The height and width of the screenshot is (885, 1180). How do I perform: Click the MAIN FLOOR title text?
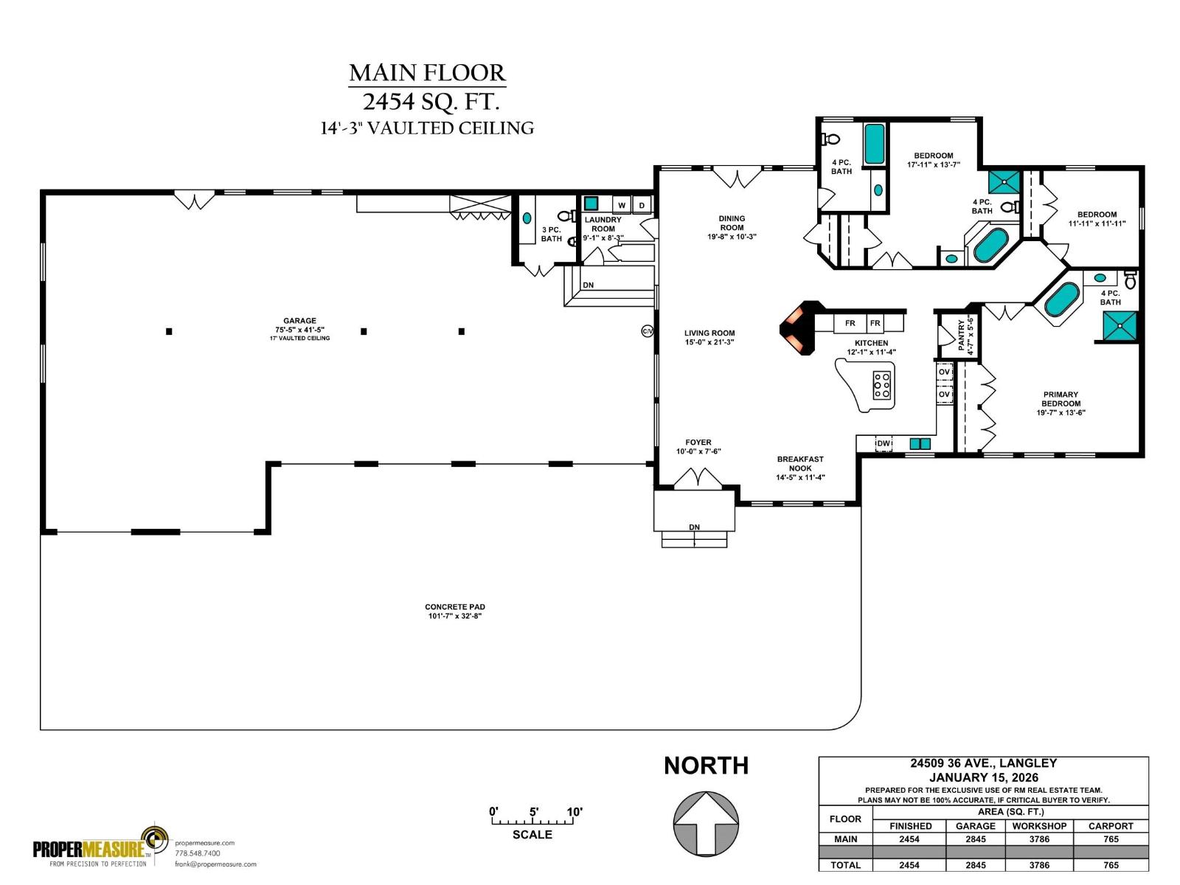pyautogui.click(x=427, y=73)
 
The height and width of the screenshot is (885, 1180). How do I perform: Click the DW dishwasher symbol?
pyautogui.click(x=883, y=443)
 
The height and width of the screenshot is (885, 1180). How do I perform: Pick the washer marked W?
pyautogui.click(x=622, y=206)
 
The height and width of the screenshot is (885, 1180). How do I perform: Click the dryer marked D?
pyautogui.click(x=642, y=206)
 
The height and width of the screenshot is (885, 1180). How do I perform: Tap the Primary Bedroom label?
pyautogui.click(x=1061, y=403)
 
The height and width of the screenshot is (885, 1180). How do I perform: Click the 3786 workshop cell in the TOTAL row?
pyautogui.click(x=1039, y=865)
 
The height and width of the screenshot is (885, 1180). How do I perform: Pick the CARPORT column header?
pyautogui.click(x=1111, y=826)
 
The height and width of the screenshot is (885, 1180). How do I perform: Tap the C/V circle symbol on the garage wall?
pyautogui.click(x=648, y=332)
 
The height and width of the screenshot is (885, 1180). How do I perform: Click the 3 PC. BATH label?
pyautogui.click(x=551, y=234)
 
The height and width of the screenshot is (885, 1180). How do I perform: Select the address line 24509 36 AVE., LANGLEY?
pyautogui.click(x=983, y=763)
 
